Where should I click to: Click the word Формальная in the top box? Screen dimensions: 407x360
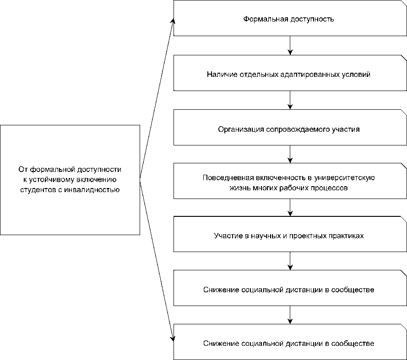click(x=266, y=19)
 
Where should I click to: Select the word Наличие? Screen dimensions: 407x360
click(x=222, y=75)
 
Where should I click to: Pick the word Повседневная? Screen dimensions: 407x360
click(x=228, y=178)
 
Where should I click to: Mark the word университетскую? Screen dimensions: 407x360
click(x=344, y=178)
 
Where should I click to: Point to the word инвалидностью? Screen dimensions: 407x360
click(x=92, y=190)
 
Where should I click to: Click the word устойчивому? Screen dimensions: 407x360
click(x=52, y=180)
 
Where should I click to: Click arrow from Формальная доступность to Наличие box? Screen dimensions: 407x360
click(x=290, y=45)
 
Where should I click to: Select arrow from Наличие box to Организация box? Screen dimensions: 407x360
click(x=290, y=100)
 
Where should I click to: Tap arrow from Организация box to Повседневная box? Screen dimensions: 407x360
click(x=290, y=154)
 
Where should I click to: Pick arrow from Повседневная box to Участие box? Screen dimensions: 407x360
click(x=290, y=208)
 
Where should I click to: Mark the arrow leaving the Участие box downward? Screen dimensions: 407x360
click(x=290, y=261)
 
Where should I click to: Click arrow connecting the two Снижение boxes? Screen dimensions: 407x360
click(x=290, y=315)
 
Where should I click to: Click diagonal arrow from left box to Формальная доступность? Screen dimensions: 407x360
click(x=157, y=98)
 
